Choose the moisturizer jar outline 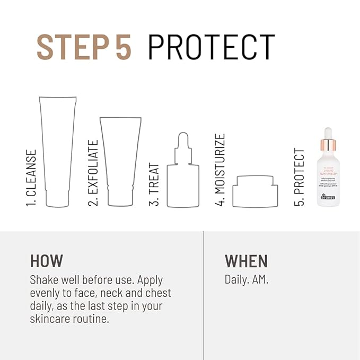pos(255,191)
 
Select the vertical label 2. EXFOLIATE pos(93,173)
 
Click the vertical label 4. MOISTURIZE pos(220,170)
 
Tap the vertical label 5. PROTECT pos(300,177)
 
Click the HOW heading pos(47,261)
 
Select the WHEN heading pos(246,261)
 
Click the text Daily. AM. pos(247,279)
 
